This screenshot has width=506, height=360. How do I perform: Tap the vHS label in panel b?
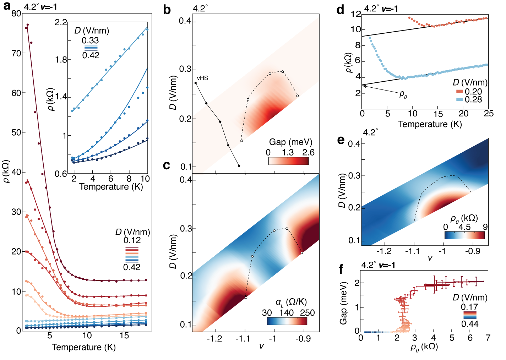[x=202, y=78]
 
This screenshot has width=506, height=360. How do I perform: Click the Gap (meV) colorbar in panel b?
[x=288, y=161]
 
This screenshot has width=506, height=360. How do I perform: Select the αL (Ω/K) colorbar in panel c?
[x=287, y=321]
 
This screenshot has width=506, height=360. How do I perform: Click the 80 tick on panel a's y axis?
[x=16, y=13]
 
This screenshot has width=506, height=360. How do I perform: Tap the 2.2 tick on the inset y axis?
[x=61, y=22]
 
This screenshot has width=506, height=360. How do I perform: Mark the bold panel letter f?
[x=342, y=270]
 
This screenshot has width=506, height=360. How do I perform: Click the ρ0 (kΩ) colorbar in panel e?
[x=464, y=235]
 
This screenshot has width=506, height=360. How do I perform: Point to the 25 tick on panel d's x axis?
[x=489, y=114]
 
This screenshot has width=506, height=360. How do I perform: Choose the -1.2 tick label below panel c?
[x=214, y=339]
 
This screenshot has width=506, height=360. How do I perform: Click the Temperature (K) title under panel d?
[x=430, y=124]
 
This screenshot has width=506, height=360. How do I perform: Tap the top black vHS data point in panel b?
[x=196, y=83]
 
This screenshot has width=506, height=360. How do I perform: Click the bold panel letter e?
[x=341, y=140]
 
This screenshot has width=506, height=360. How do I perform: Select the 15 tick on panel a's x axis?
[x=124, y=336]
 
